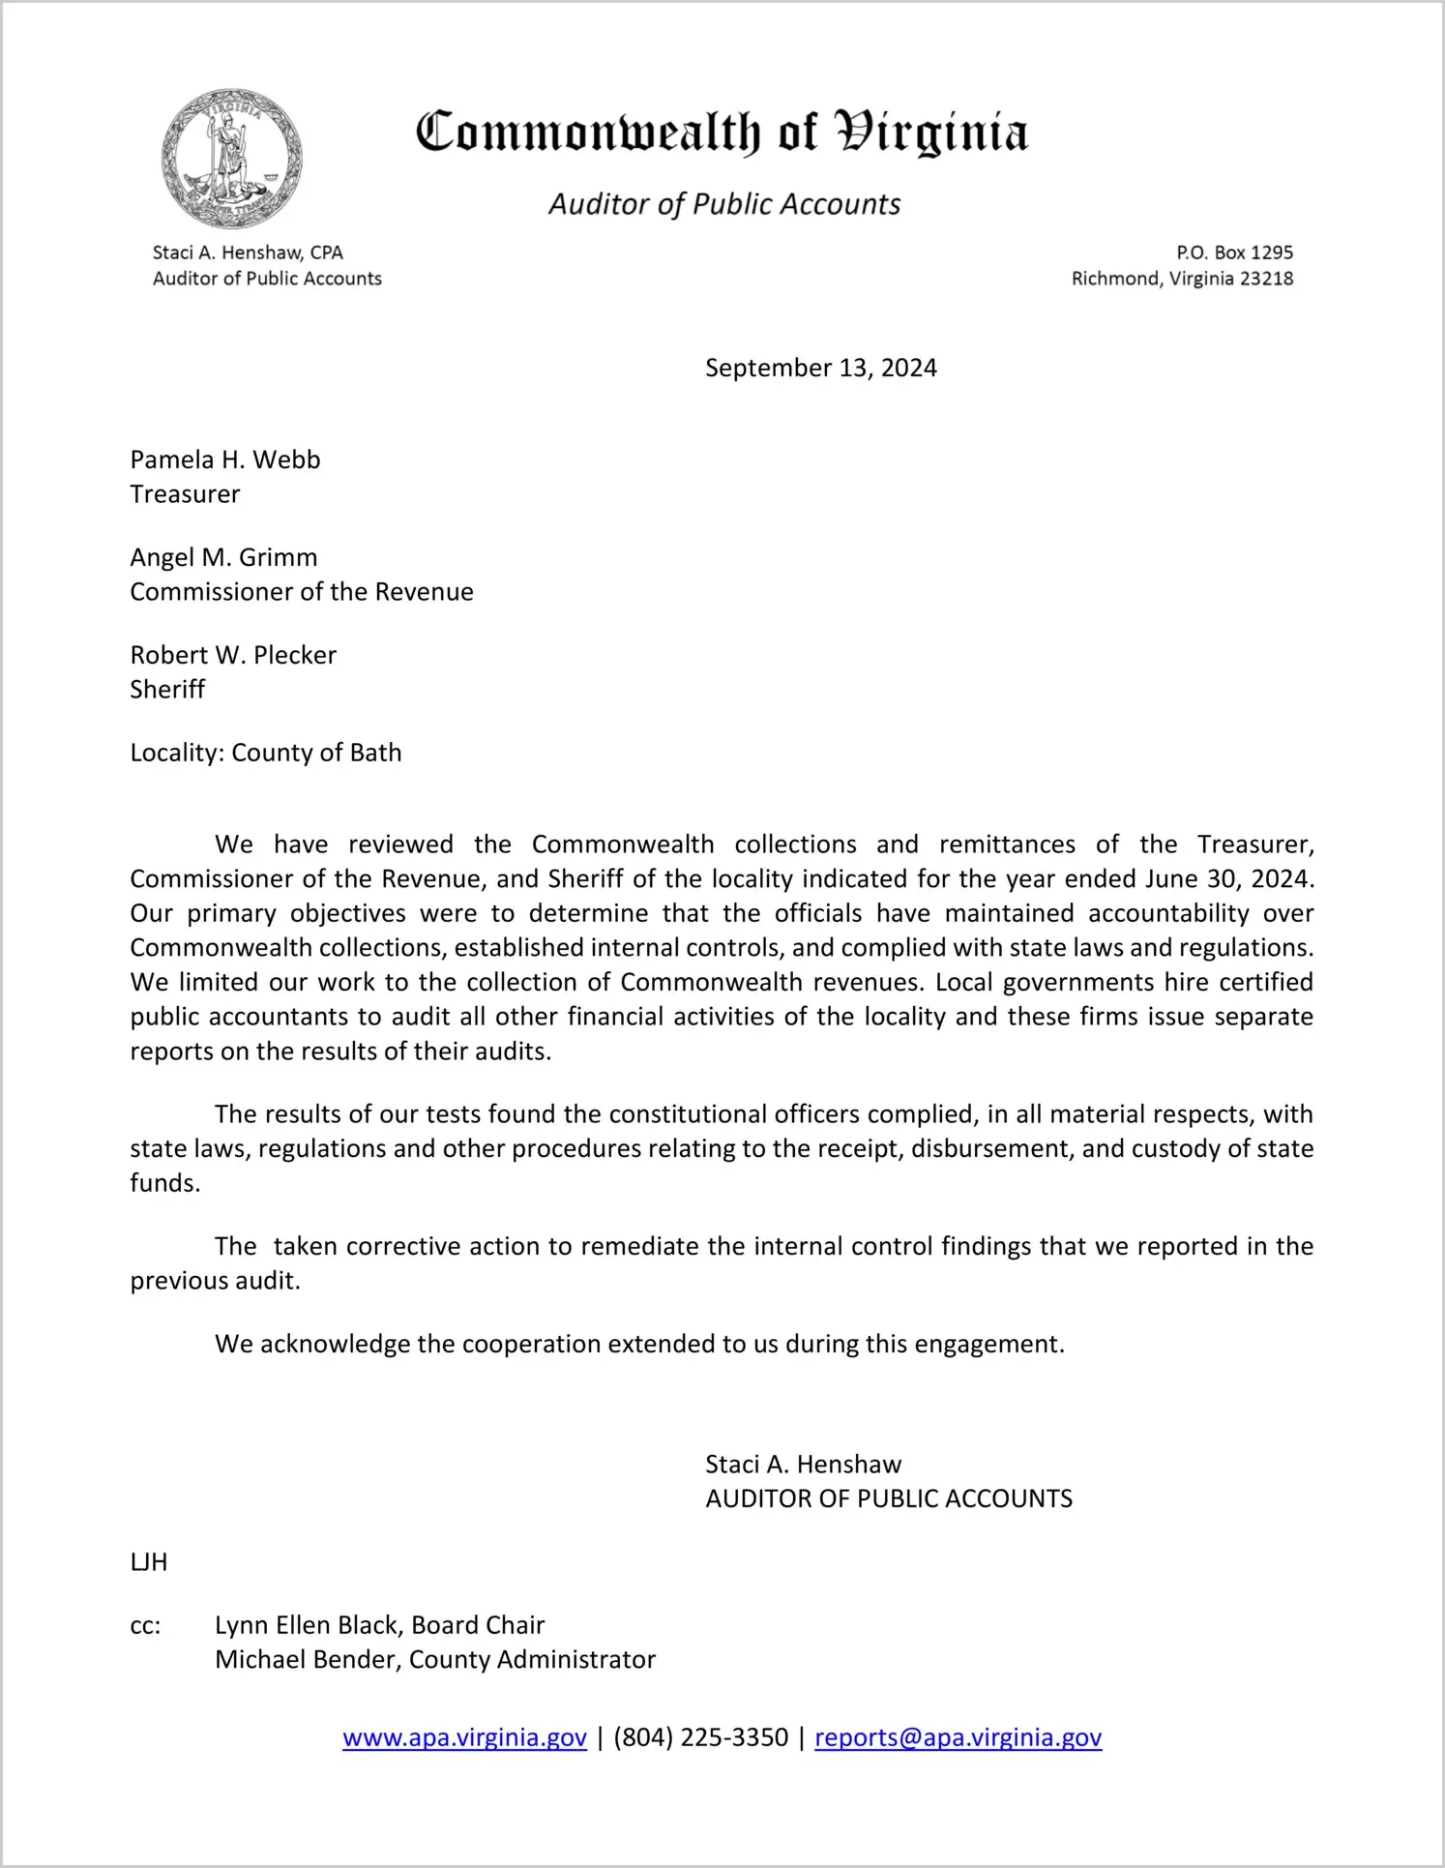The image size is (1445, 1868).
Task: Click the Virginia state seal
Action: pyautogui.click(x=231, y=158)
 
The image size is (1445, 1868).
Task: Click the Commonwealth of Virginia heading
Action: pyautogui.click(x=722, y=133)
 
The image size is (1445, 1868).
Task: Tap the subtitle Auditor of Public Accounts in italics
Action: pyautogui.click(x=724, y=204)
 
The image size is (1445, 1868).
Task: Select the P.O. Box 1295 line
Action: pyautogui.click(x=1234, y=252)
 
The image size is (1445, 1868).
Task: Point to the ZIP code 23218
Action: pyautogui.click(x=1266, y=279)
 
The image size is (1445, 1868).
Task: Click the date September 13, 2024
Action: pyautogui.click(x=820, y=368)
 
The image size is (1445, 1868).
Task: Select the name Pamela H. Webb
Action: pyautogui.click(x=225, y=460)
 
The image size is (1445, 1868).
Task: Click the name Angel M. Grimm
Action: pyautogui.click(x=223, y=557)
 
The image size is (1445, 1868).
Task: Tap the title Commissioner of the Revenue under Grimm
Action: pyautogui.click(x=302, y=592)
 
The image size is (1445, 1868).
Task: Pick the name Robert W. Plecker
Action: pyautogui.click(x=233, y=655)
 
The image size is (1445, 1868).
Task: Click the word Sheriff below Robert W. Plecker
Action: pyautogui.click(x=167, y=690)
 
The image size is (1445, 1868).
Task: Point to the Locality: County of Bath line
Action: pyautogui.click(x=266, y=753)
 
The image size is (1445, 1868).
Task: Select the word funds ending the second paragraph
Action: pyautogui.click(x=163, y=1183)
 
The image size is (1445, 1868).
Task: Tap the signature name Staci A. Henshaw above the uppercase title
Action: pyautogui.click(x=803, y=1465)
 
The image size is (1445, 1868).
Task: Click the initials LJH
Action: pyautogui.click(x=149, y=1562)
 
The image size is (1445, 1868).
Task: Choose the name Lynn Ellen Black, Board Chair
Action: pyautogui.click(x=379, y=1625)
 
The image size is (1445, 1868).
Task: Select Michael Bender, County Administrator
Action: pyautogui.click(x=435, y=1660)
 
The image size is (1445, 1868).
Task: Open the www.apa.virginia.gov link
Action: pyautogui.click(x=464, y=1738)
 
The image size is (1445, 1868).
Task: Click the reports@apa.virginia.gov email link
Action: pyautogui.click(x=958, y=1738)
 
